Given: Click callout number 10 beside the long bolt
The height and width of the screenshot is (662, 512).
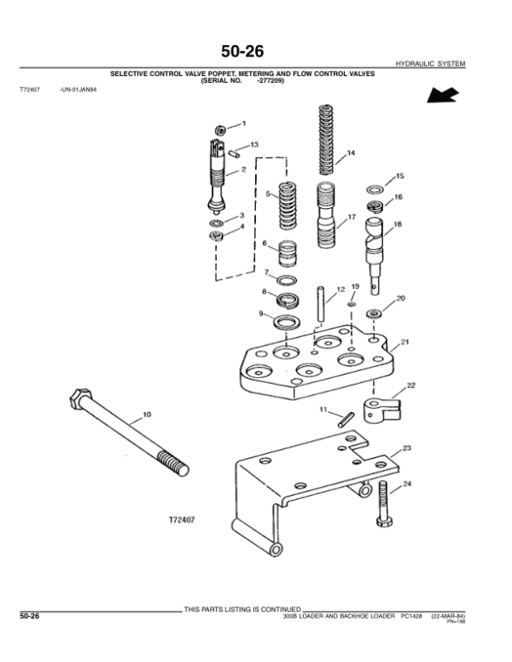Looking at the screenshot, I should coord(146,415).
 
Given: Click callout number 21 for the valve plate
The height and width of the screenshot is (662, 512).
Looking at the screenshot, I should coord(406,342).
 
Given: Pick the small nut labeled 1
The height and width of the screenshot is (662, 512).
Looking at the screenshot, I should coord(219,130).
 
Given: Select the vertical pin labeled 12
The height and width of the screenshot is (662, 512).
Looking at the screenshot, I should coord(321,303).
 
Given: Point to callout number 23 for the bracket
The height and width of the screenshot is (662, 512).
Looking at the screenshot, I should coord(406,447).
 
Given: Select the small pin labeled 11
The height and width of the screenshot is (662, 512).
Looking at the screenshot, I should coord(344,419).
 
